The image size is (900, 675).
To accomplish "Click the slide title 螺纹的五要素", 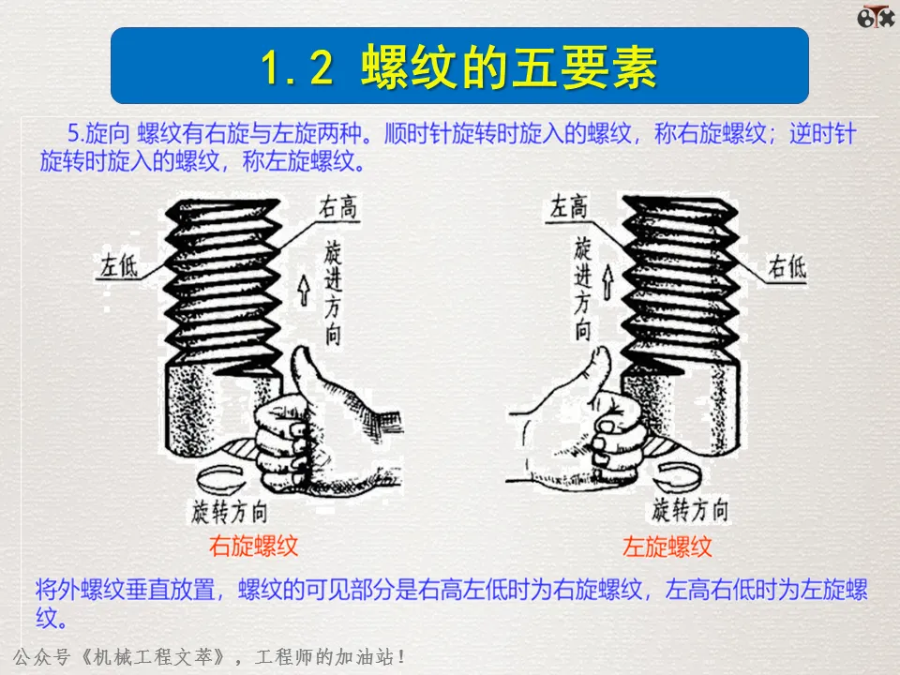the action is click(x=509, y=67).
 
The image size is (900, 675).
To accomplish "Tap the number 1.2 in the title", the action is click(x=297, y=68).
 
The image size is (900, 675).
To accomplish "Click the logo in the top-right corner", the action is click(x=876, y=17).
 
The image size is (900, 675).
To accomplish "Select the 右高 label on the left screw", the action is click(x=338, y=206).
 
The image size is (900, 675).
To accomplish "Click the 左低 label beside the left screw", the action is click(x=119, y=265).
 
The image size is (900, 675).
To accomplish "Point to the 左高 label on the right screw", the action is click(x=569, y=206).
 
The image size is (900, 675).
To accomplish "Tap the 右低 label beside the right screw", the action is click(x=787, y=267).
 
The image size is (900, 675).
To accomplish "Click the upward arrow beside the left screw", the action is click(x=304, y=290).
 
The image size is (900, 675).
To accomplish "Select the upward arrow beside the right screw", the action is click(x=607, y=282).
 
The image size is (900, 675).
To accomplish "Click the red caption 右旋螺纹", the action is click(x=253, y=546).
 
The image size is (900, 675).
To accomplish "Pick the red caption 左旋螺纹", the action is click(x=667, y=547).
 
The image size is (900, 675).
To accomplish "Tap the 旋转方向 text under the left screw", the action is click(x=230, y=512).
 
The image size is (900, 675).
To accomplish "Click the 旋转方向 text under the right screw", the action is click(x=690, y=510).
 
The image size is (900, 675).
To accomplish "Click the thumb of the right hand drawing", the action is click(x=597, y=368).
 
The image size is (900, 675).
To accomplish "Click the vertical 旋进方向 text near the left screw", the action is click(x=333, y=292).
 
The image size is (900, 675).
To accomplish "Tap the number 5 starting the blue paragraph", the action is click(x=73, y=134).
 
